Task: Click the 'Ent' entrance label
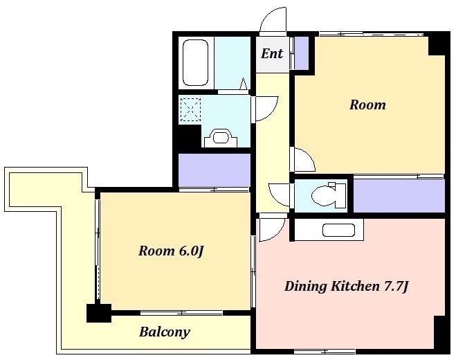tap(272, 53)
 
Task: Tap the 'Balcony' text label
tap(165, 332)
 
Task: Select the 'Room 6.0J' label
tap(171, 251)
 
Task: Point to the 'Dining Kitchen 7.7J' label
tap(347, 287)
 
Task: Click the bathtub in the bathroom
tap(195, 63)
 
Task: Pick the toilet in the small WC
tap(329, 195)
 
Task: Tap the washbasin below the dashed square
tap(221, 138)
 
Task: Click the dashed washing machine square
tap(191, 109)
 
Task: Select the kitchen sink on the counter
tap(339, 230)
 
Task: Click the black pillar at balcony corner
tap(99, 313)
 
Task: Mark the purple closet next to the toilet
tap(399, 195)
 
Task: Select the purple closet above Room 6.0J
tap(215, 170)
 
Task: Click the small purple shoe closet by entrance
tap(302, 53)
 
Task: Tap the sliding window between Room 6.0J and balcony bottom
tap(181, 313)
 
